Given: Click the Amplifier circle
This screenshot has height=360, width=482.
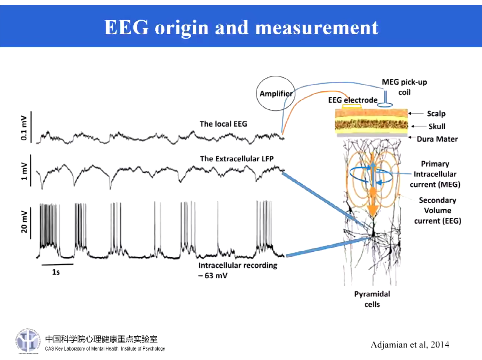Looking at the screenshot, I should click(x=276, y=93).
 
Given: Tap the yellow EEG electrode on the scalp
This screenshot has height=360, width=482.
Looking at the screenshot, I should click(x=352, y=107).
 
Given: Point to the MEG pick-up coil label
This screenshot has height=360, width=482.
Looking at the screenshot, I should click(x=404, y=87).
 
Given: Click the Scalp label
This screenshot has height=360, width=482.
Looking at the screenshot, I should click(x=436, y=113).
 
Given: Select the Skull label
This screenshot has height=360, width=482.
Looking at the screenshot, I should click(x=436, y=126).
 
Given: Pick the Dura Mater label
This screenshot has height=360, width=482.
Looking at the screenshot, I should click(x=437, y=139).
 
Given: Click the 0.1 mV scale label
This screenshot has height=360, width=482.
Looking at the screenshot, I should click(x=24, y=128).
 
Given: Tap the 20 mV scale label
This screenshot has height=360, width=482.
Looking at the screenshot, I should click(x=24, y=222).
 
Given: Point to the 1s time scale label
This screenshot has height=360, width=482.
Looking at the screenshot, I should click(x=56, y=272).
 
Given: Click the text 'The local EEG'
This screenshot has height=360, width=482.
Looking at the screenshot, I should click(x=223, y=124).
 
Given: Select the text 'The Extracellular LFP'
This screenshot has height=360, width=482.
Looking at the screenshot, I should click(x=236, y=159).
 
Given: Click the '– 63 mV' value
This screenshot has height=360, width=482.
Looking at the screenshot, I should click(x=213, y=276).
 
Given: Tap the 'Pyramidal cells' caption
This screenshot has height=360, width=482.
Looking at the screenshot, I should click(x=372, y=299).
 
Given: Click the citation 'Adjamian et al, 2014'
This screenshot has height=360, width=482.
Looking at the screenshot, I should click(x=410, y=345).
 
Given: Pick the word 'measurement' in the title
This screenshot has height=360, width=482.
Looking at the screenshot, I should click(x=317, y=28).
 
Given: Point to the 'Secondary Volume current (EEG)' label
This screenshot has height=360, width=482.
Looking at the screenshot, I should click(x=437, y=210).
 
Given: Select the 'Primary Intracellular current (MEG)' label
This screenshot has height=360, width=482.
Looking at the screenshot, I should click(x=435, y=174).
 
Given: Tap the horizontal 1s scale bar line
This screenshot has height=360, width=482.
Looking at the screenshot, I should click(x=57, y=264).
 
